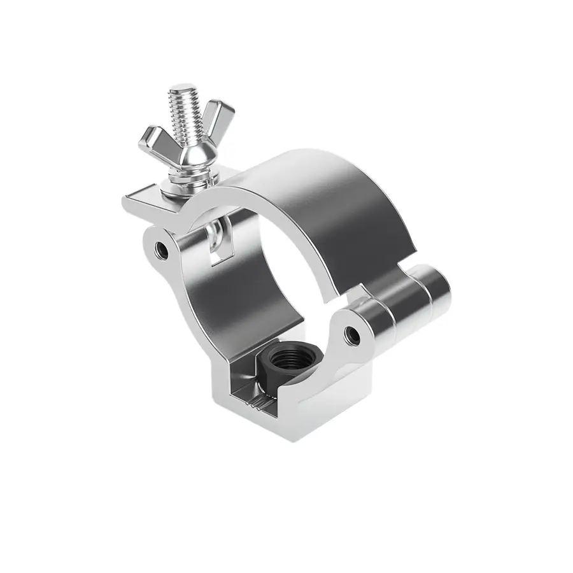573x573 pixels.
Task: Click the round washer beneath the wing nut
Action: click(187, 184)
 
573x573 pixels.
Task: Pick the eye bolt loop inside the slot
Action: click(218, 235)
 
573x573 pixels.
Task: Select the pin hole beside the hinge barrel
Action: click(350, 333)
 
